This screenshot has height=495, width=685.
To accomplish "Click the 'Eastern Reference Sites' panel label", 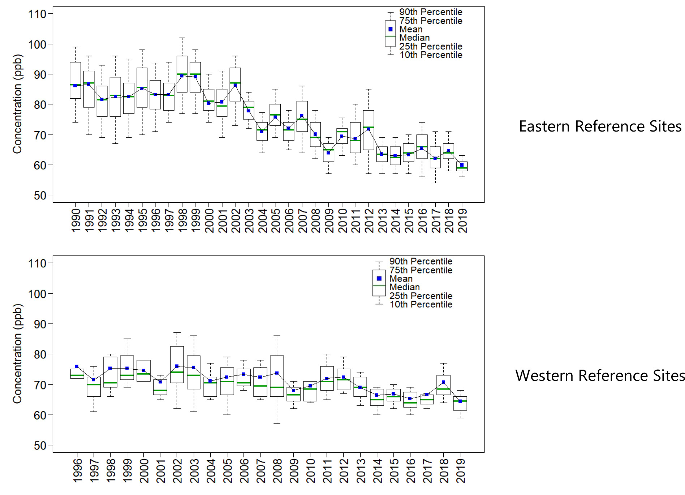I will (600, 126).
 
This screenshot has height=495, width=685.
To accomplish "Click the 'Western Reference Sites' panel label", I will (600, 376).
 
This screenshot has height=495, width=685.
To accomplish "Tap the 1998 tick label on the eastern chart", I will (182, 220).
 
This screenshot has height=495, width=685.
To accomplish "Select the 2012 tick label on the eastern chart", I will (369, 220).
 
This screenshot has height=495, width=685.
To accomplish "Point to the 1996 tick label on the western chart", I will (77, 470).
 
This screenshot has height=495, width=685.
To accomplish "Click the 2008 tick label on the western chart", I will (277, 470).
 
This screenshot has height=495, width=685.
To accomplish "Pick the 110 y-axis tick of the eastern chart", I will (37, 14).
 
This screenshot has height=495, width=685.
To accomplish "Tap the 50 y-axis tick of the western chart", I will (40, 445).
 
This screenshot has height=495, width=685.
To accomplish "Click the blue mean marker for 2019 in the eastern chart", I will (462, 165).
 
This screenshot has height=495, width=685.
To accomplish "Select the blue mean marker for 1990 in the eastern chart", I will (75, 86).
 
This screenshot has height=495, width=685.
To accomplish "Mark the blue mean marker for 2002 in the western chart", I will (177, 366).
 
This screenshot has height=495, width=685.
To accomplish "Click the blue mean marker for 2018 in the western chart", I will (443, 382).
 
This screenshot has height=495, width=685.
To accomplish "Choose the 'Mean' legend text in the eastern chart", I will (411, 29).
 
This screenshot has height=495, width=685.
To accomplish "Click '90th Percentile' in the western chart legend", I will (421, 261).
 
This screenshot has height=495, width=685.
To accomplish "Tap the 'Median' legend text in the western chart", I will (404, 287).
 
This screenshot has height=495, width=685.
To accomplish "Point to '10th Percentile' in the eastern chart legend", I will (431, 55).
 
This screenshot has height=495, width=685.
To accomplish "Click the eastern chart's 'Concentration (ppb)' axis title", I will (17, 104).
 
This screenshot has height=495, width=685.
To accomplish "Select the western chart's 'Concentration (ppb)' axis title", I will (17, 353).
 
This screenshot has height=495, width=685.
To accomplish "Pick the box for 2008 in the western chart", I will (277, 370).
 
